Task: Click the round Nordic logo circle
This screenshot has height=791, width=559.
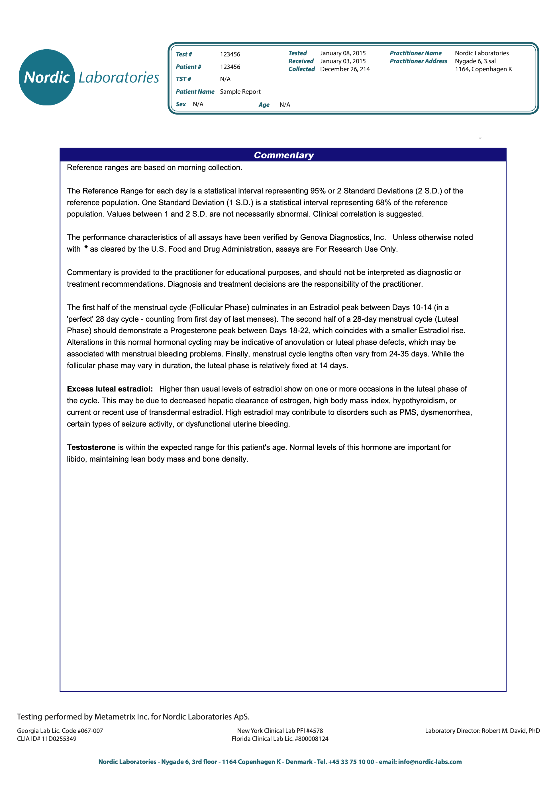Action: click(x=47, y=77)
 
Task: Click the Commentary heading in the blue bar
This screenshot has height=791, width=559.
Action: click(x=283, y=155)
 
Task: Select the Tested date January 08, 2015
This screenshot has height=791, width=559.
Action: click(x=343, y=53)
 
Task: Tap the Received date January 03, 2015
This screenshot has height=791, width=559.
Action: click(x=343, y=61)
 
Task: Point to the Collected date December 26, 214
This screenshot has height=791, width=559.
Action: click(x=345, y=69)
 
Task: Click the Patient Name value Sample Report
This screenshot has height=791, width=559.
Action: click(x=240, y=92)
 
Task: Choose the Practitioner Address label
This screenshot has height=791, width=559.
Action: click(x=418, y=61)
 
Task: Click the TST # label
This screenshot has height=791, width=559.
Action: click(x=183, y=79)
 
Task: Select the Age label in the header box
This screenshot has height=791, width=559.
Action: click(x=264, y=105)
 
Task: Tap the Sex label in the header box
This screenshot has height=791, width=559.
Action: click(x=181, y=104)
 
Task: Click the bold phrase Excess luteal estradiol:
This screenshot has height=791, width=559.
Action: click(x=109, y=389)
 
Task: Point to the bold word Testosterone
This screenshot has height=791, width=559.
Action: click(x=91, y=447)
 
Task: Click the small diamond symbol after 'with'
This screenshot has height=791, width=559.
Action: click(x=86, y=247)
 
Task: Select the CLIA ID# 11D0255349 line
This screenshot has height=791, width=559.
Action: click(x=46, y=739)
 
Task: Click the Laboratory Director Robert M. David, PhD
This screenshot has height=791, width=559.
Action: click(x=482, y=731)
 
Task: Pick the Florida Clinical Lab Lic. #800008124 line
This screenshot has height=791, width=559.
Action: click(x=280, y=739)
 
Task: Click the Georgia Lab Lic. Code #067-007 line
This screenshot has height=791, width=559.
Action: click(x=60, y=731)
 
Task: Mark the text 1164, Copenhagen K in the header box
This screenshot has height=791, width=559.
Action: click(x=483, y=69)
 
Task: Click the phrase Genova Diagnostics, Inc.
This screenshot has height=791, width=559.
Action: click(x=343, y=237)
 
